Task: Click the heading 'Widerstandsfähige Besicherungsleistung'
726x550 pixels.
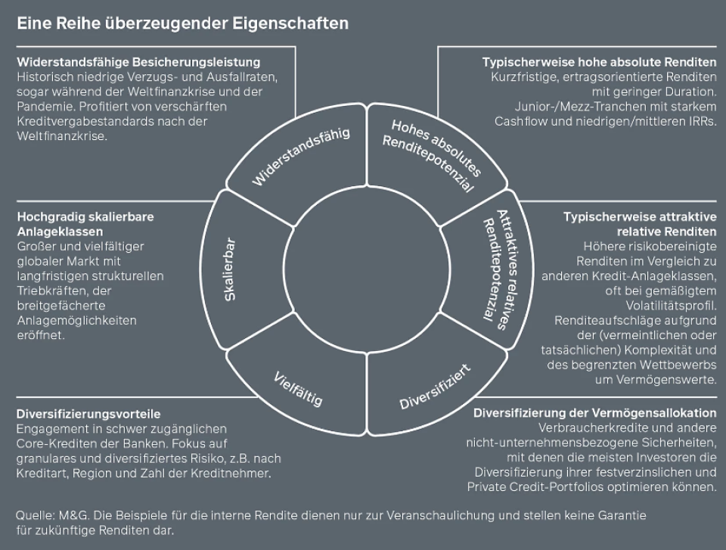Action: pos(138,62)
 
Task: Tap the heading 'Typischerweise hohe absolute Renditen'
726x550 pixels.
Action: pos(599,62)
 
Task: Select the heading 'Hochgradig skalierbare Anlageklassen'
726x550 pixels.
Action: pos(85,223)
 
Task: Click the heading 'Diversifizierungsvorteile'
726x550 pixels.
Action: pos(88,414)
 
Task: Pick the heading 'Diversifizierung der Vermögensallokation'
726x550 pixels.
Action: pos(594,413)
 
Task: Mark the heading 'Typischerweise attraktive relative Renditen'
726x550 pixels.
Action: pos(640,223)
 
